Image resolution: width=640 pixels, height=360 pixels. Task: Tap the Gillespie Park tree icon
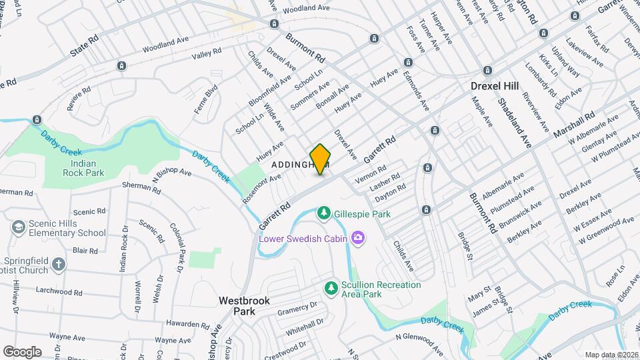pos(324,213)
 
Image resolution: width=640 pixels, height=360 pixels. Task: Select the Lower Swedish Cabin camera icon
pos(359,237)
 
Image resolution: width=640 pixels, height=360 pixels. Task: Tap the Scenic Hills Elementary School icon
pos(17,228)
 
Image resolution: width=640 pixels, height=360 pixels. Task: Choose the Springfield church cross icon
pos(59,265)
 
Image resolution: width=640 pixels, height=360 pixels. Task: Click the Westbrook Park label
pos(244,306)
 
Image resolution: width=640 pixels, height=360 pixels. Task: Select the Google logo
pos(23,351)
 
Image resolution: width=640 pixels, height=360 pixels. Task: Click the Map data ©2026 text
pos(611,354)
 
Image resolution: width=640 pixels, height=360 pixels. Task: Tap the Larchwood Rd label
pos(59,292)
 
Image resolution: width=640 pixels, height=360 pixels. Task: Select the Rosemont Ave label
pos(262,188)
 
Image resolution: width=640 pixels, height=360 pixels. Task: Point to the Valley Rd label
pos(206,57)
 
